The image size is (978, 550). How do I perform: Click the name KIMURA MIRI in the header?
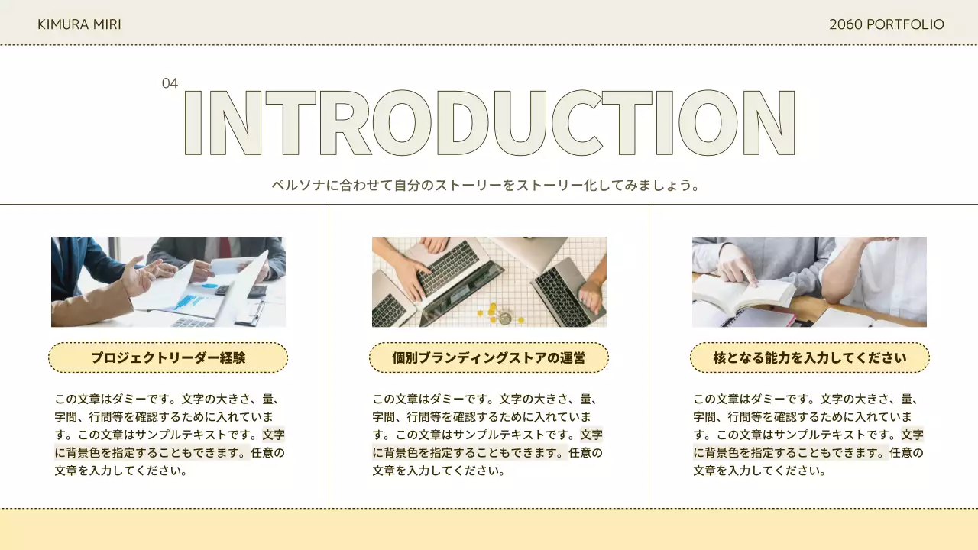pos(79,24)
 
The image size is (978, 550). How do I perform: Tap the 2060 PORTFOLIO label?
pos(886,24)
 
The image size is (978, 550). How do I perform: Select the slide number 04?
pos(170,83)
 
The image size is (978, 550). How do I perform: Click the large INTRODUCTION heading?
pos(489,123)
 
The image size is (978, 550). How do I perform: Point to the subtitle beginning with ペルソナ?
pos(486,186)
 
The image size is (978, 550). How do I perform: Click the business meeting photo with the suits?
pos(168,282)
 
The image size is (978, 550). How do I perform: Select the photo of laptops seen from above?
pos(489,282)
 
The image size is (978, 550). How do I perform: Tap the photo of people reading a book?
pos(809,282)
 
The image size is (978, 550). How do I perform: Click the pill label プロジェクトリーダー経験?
pos(168,357)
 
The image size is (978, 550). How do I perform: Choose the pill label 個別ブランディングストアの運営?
pos(489,357)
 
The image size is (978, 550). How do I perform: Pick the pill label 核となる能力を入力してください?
pos(810,357)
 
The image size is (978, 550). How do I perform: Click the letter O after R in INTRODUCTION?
pos(400,123)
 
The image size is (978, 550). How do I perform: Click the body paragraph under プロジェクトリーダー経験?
pos(169,435)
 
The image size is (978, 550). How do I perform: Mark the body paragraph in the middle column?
pos(487,435)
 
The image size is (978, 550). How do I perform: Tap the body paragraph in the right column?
pos(808,435)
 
